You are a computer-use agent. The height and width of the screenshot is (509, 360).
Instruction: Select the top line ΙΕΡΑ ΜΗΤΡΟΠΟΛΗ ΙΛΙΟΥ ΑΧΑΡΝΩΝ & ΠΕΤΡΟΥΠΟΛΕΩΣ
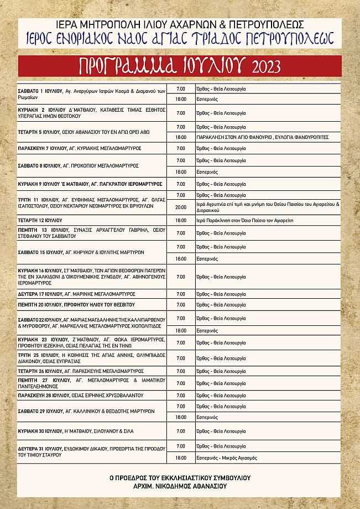click(x=180, y=24)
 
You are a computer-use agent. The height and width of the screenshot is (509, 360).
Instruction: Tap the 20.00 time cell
click(x=181, y=207)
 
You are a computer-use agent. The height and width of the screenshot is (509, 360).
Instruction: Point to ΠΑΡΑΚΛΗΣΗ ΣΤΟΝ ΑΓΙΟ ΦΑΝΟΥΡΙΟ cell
click(x=263, y=137)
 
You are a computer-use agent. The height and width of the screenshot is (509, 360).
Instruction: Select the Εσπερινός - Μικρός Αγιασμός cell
click(x=227, y=458)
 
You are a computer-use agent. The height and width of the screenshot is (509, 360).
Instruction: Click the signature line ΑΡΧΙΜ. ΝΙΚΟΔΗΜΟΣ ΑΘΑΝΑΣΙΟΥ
click(x=180, y=486)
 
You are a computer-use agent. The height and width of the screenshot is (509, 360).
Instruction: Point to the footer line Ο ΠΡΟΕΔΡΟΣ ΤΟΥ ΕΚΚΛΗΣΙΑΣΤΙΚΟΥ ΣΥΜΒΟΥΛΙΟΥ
click(x=180, y=477)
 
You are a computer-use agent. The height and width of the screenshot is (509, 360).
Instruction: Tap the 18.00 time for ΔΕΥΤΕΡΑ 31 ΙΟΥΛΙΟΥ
click(x=181, y=458)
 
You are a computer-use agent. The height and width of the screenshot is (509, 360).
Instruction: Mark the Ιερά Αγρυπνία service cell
click(x=268, y=207)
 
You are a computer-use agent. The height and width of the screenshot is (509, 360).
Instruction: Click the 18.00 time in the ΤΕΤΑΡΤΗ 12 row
click(x=181, y=220)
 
